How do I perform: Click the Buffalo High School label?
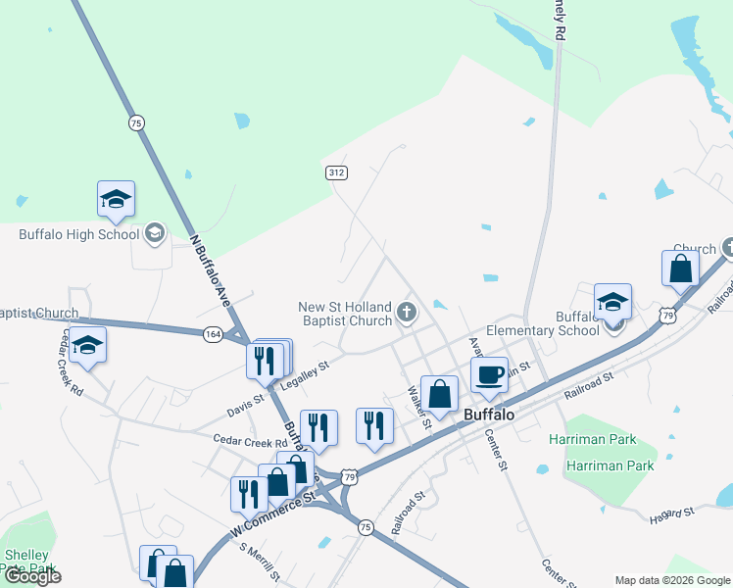pos(79,234)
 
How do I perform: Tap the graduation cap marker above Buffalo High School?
pos(116,200)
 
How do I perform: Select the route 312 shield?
pos(336,172)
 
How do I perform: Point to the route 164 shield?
pos(214,335)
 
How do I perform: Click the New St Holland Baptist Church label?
pos(345,314)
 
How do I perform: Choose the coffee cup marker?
pos(489,374)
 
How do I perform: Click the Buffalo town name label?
pos(489,415)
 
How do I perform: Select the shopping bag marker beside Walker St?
pos(440,394)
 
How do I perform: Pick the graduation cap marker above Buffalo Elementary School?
pos(612,302)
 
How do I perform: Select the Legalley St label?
pos(304,376)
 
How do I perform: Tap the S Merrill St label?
pos(261,560)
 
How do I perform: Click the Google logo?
pos(31,576)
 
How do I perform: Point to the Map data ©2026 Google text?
pos(672,580)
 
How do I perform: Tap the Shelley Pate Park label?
pos(28,562)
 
